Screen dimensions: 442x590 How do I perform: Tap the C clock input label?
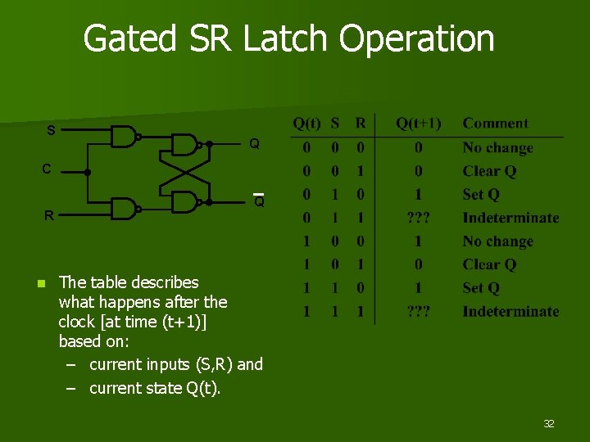tap(48, 169)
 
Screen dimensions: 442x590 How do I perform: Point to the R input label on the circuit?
tap(49, 216)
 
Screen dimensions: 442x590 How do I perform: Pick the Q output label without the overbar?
tap(255, 144)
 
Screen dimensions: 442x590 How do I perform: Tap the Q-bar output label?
tap(258, 201)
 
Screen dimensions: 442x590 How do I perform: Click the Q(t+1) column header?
tap(418, 124)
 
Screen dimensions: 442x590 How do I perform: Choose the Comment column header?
tap(495, 124)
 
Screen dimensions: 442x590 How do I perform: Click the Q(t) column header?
tap(307, 124)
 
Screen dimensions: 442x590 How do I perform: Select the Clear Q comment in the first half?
tap(489, 171)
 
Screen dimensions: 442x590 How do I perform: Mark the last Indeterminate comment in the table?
tap(511, 311)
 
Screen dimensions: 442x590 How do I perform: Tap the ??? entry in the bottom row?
tap(419, 311)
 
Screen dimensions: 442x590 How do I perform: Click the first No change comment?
tap(497, 148)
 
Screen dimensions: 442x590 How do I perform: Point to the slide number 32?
tap(549, 423)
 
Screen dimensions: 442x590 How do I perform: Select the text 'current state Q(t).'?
tap(155, 388)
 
